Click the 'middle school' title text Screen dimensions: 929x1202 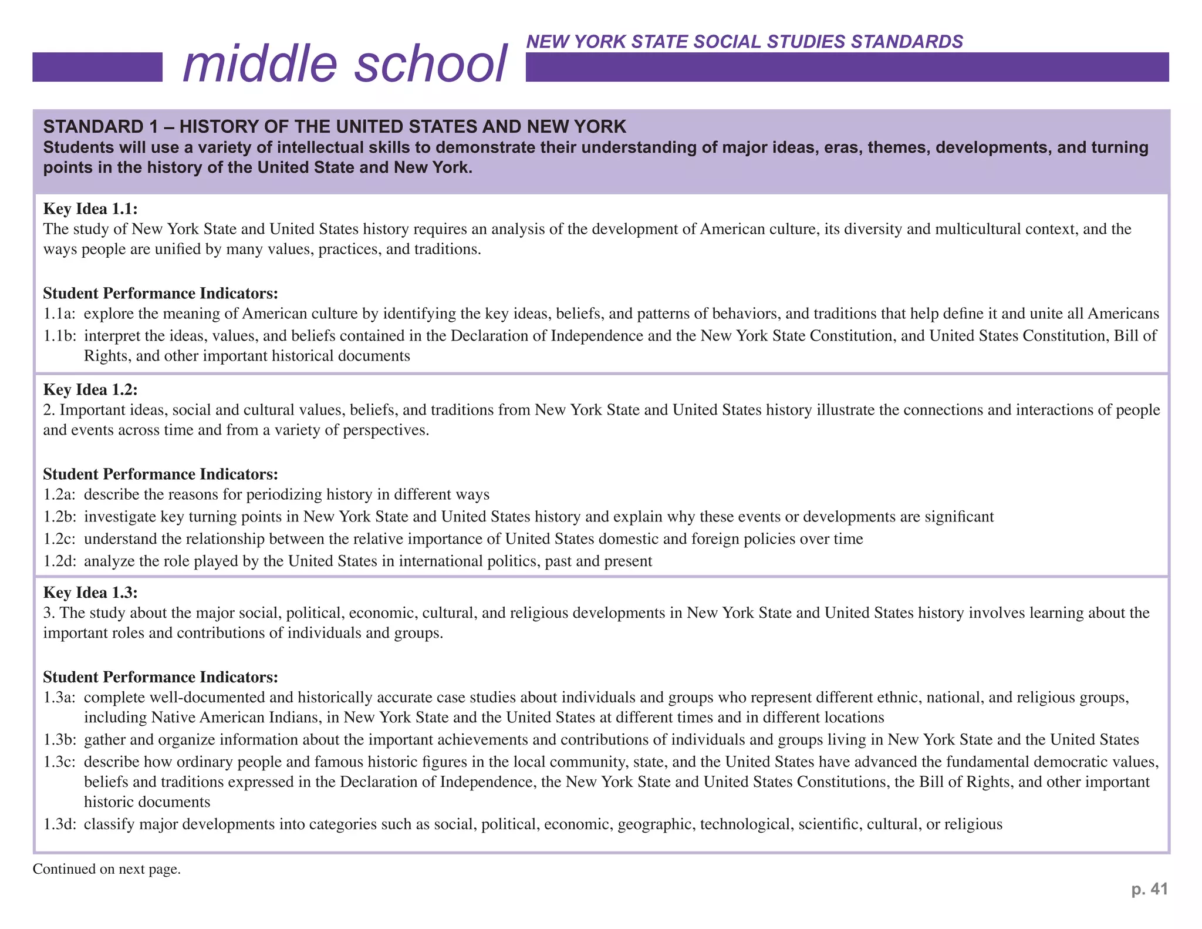(345, 65)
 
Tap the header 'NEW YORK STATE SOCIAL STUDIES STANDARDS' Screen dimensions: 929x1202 (744, 42)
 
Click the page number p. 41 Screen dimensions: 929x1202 (1149, 889)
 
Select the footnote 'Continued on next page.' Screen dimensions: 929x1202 (107, 869)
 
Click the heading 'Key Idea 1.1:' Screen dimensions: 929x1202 (90, 209)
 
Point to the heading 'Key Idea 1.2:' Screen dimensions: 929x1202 (90, 390)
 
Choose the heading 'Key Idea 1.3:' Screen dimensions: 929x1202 (90, 593)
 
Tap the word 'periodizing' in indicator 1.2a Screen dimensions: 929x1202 (284, 494)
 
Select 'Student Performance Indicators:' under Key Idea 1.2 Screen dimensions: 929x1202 (160, 474)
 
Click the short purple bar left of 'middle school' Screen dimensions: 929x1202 (97, 67)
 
